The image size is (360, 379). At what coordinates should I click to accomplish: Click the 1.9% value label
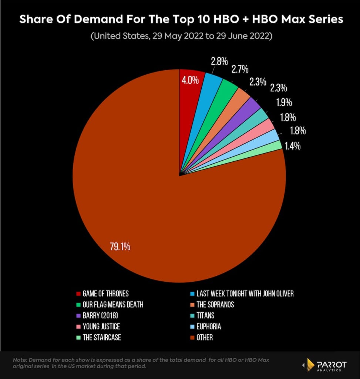pyautogui.click(x=284, y=102)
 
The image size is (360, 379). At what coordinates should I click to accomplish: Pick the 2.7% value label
pyautogui.click(x=239, y=69)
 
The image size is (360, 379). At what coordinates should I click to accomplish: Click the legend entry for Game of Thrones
pyautogui.click(x=105, y=294)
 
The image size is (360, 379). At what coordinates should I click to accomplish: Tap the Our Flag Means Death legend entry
pyautogui.click(x=112, y=305)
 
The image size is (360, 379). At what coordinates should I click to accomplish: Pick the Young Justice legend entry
pyautogui.click(x=101, y=326)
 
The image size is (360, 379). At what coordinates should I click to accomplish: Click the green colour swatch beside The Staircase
pyautogui.click(x=78, y=338)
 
